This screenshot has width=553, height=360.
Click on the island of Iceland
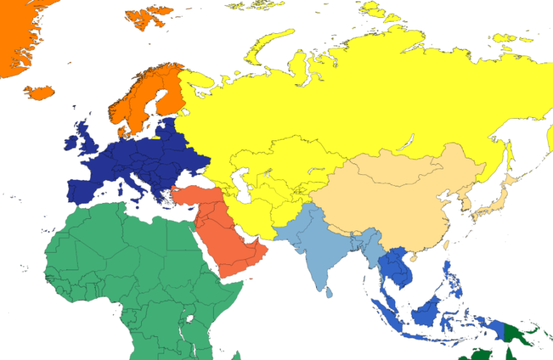click(40, 92)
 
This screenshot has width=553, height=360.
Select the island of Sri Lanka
click(328, 291)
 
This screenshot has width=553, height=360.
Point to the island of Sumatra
click(390, 317)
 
